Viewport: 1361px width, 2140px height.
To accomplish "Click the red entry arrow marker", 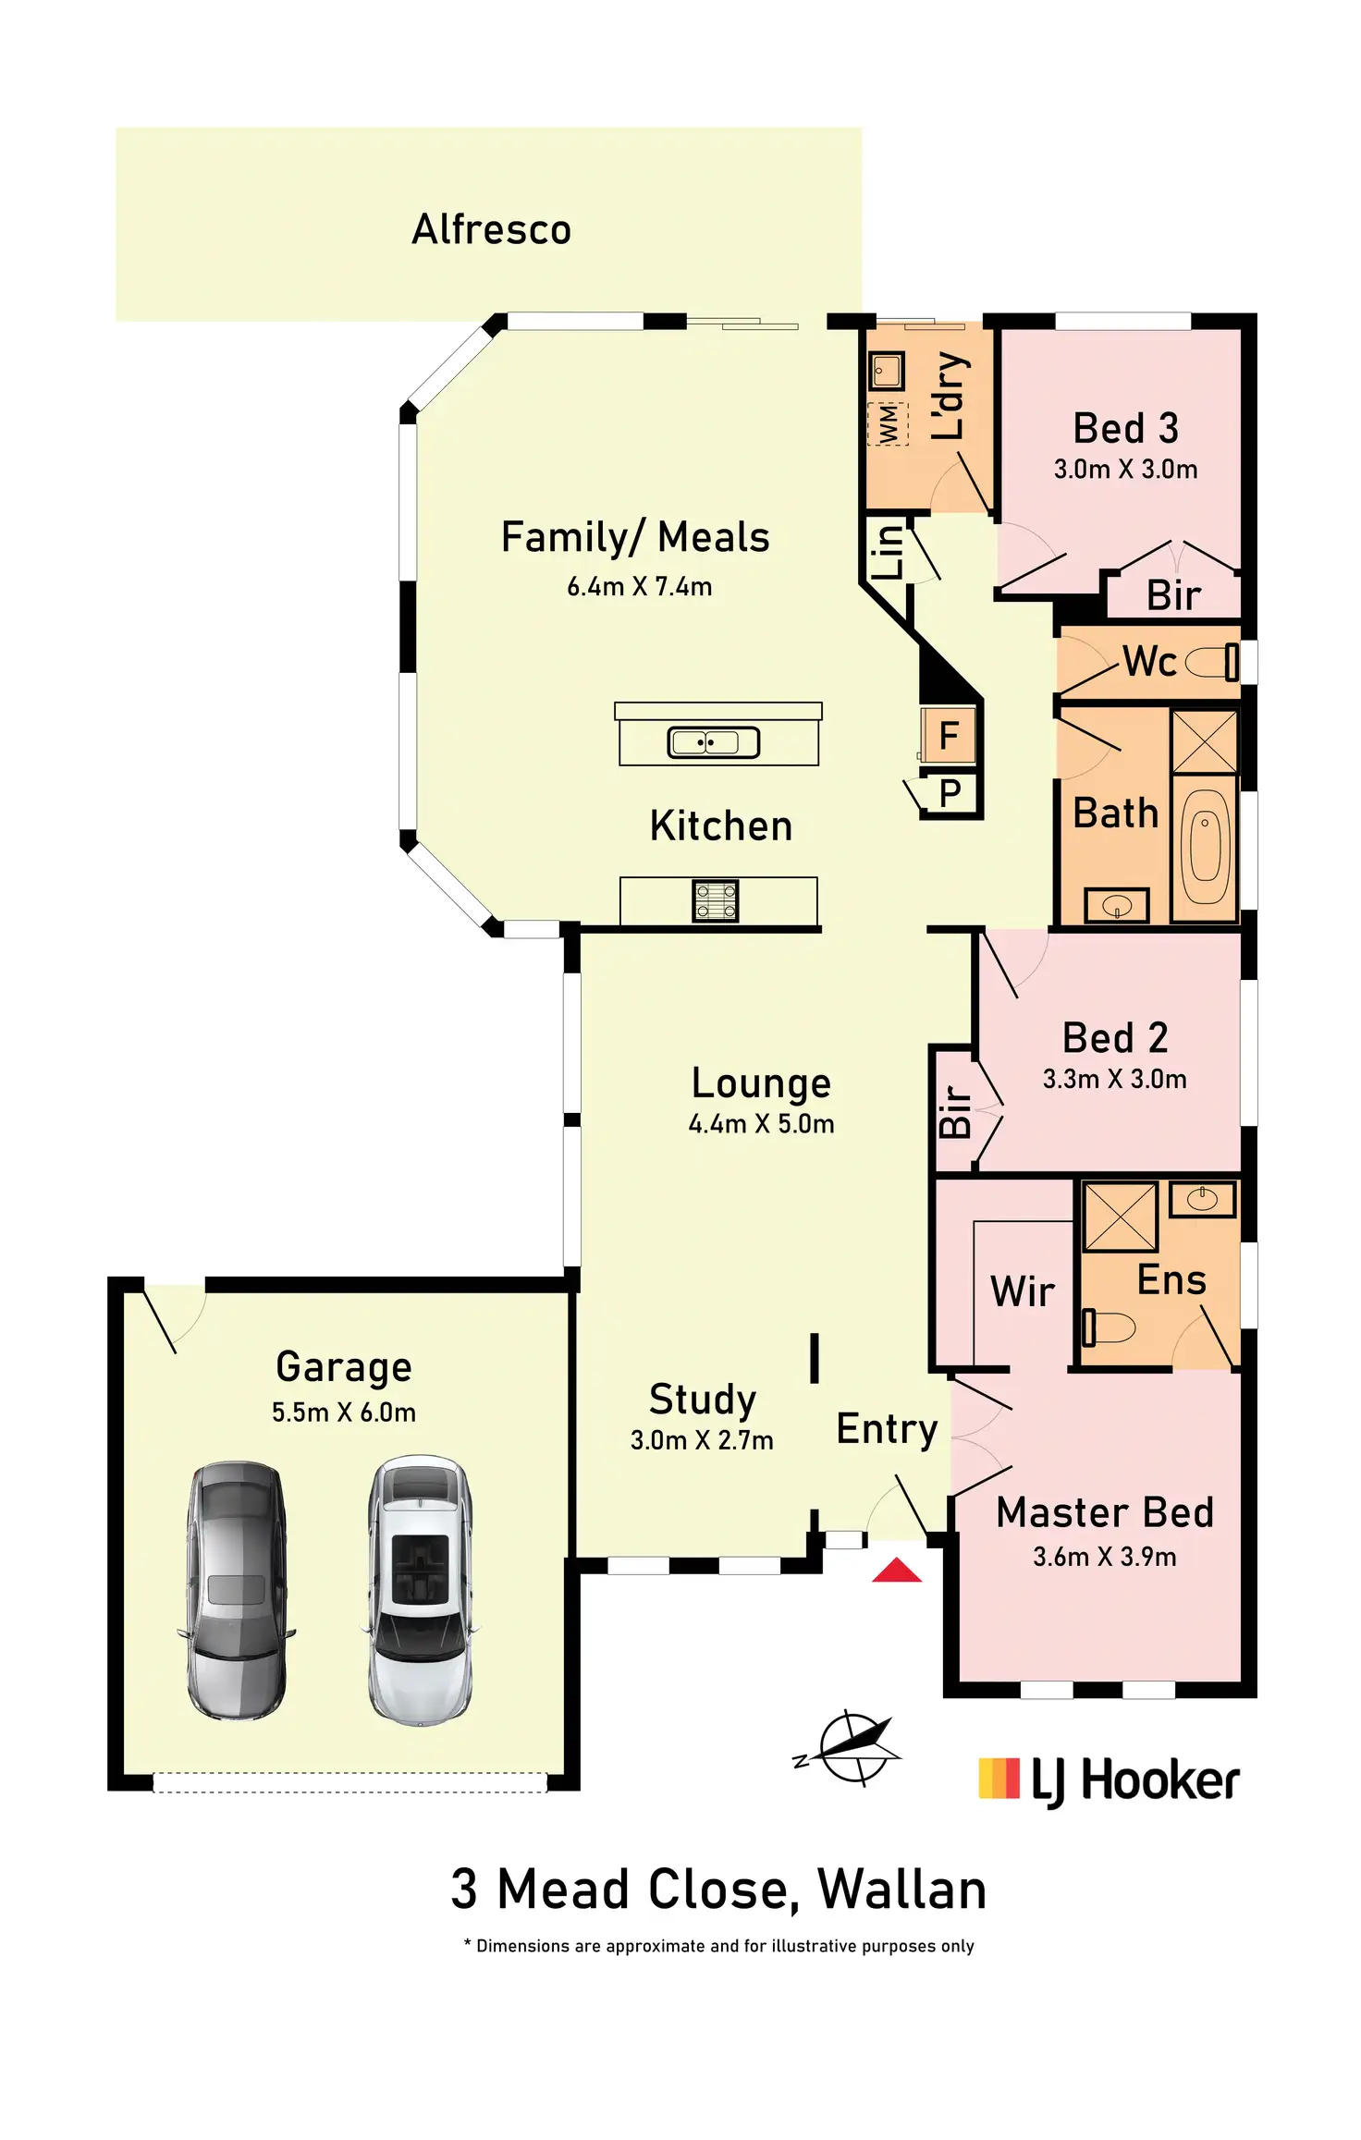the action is click(x=896, y=1571).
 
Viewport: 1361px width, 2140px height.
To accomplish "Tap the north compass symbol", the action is click(x=852, y=1746).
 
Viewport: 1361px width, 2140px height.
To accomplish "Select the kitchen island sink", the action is click(x=713, y=742).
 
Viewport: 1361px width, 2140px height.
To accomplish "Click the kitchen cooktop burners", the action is click(x=716, y=900).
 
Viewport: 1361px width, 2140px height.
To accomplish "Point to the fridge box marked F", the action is click(x=949, y=736).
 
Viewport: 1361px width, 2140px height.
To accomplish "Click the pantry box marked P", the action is click(x=950, y=793).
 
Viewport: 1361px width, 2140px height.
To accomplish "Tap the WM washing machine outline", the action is click(x=888, y=424).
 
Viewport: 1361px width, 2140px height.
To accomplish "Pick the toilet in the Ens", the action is click(x=1109, y=1327).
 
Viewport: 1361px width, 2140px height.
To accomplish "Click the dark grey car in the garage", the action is click(x=237, y=1589).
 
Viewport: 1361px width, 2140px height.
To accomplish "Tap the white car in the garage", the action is click(x=421, y=1589).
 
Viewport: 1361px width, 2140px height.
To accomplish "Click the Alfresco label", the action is click(x=491, y=229).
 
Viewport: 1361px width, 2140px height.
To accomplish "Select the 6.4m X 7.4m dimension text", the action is click(x=639, y=587).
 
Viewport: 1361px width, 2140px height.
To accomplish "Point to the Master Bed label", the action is click(x=1104, y=1513).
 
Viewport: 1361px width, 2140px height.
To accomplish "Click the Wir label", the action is click(x=1022, y=1291).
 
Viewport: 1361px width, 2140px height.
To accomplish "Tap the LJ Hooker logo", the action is click(x=1109, y=1780).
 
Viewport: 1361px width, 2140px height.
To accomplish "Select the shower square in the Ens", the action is click(x=1120, y=1217).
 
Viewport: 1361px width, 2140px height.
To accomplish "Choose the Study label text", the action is click(x=702, y=1400).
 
